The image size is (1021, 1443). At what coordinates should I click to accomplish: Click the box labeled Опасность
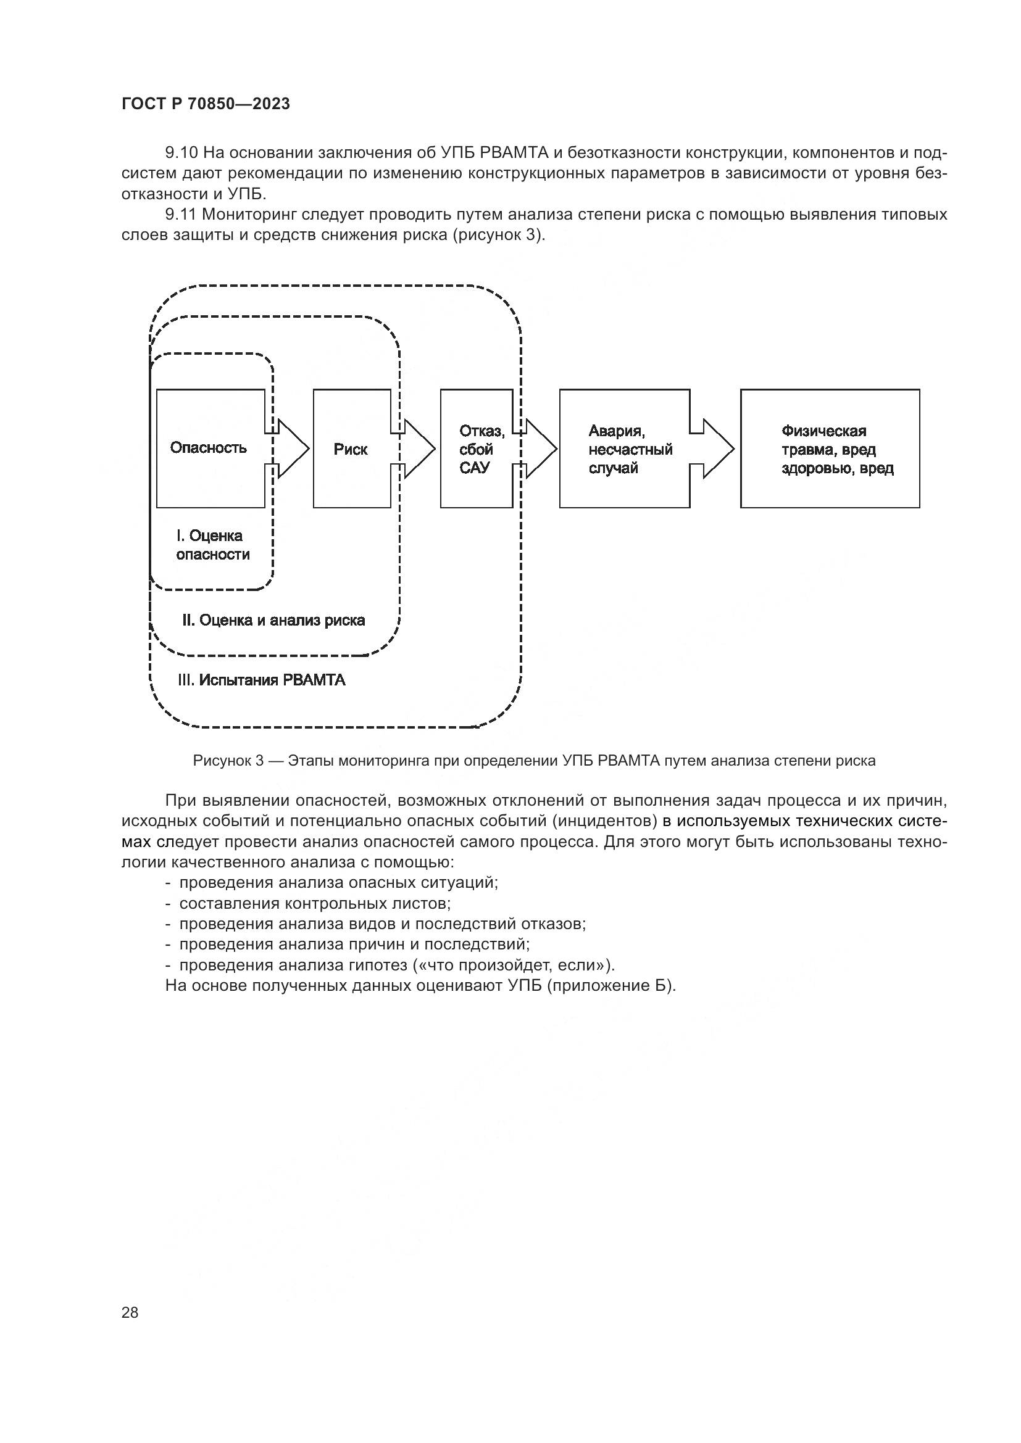coord(210,448)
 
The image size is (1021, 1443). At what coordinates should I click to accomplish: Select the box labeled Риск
coord(351,449)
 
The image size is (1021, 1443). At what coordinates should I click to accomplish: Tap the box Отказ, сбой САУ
coord(476,449)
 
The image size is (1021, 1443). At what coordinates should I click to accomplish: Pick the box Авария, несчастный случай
coord(624,449)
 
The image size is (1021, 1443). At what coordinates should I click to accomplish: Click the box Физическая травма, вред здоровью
coord(829,449)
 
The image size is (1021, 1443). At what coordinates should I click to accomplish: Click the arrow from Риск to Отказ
coord(415,449)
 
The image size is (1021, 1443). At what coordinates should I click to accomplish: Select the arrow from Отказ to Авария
coord(538,449)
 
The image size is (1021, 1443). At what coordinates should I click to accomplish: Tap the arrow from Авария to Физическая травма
coord(714,449)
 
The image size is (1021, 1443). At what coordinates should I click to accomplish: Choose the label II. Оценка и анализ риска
coord(273,620)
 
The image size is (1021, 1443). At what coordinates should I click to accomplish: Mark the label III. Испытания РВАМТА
coord(262,680)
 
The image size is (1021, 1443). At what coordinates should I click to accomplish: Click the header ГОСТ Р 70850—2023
coord(206,104)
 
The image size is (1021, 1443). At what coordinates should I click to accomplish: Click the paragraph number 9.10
coord(181,153)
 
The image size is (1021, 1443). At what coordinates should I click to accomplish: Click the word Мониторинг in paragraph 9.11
coord(249,215)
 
